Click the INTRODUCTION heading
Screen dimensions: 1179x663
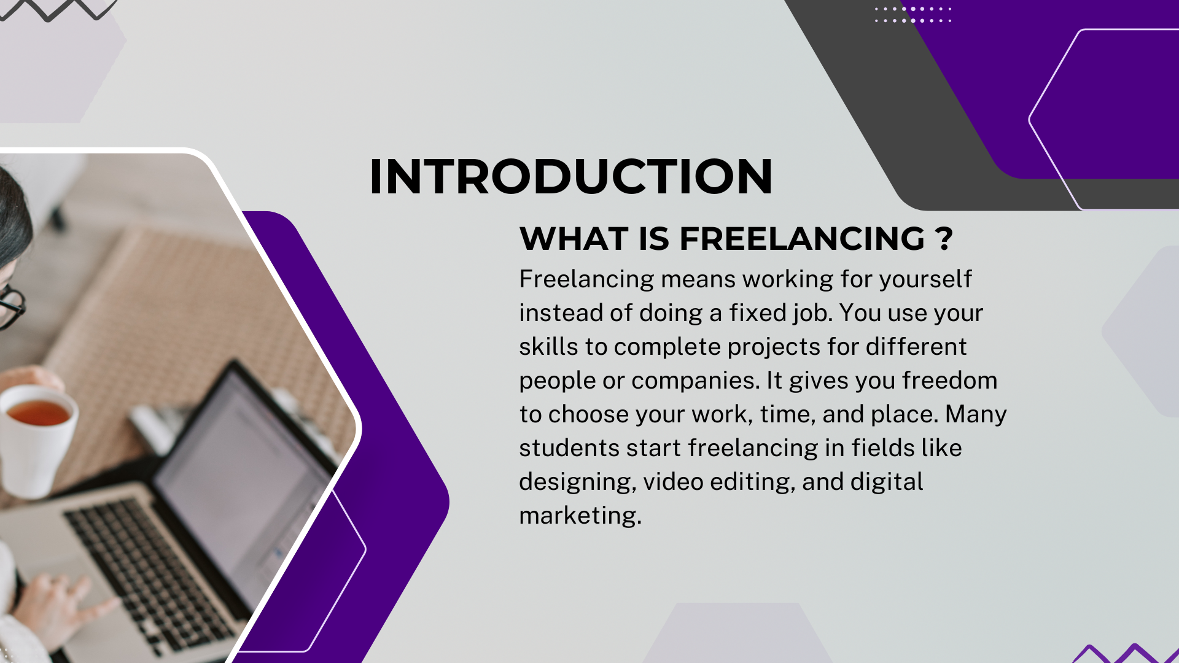point(570,177)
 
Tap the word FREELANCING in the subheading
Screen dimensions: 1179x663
point(802,238)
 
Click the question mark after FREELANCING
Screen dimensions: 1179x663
point(945,238)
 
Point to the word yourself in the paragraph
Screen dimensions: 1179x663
point(925,279)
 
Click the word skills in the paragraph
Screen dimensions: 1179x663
point(548,347)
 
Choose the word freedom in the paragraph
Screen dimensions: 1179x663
point(950,381)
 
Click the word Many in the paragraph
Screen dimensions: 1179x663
point(976,415)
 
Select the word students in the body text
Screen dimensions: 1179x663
point(569,448)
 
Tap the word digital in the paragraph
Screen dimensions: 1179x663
point(887,483)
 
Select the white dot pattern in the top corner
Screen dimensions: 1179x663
point(913,15)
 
